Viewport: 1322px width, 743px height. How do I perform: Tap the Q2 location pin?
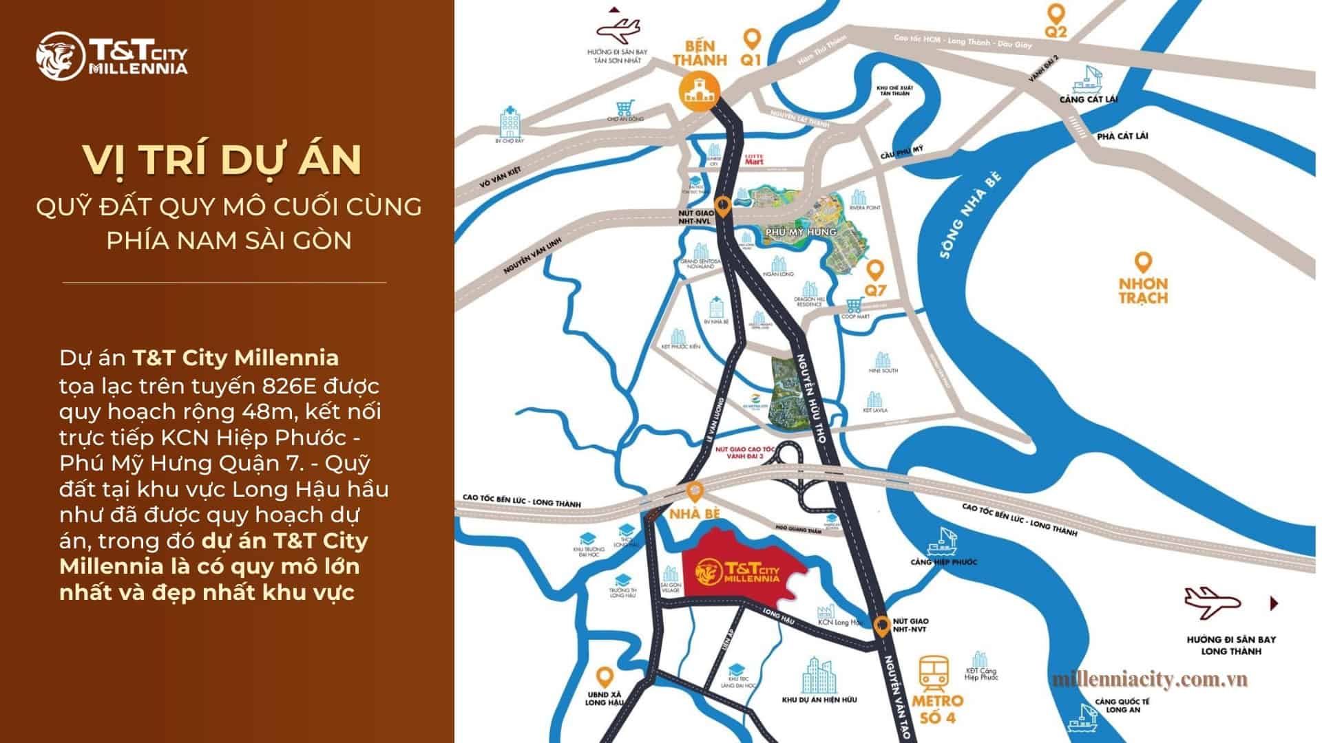(x=1056, y=14)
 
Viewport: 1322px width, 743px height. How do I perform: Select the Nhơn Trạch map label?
(x=1143, y=290)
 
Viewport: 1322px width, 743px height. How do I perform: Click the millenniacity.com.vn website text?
(x=1151, y=680)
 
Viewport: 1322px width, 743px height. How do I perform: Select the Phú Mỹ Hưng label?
(x=800, y=232)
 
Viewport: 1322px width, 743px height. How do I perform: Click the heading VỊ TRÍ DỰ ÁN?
(x=222, y=160)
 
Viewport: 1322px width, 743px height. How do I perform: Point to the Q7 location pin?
(x=875, y=268)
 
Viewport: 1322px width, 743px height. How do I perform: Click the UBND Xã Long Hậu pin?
(x=605, y=677)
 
